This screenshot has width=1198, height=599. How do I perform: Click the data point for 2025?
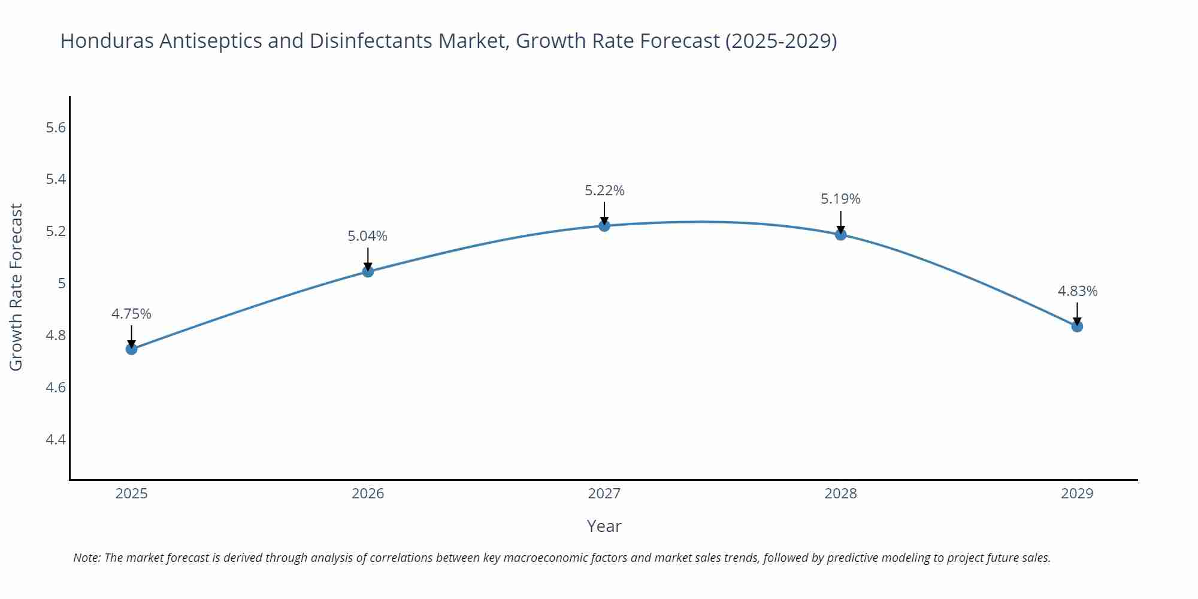[132, 349]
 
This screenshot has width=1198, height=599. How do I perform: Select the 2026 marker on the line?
[368, 272]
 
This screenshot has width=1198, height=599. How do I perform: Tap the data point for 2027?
[604, 226]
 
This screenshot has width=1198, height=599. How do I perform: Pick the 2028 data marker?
[840, 235]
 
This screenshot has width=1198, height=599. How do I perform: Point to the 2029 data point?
[1077, 326]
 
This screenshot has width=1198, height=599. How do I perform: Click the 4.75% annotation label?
[131, 314]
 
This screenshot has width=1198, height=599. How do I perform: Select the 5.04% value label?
[367, 237]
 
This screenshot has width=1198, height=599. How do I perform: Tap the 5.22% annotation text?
[604, 190]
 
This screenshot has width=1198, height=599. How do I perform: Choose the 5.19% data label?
[840, 199]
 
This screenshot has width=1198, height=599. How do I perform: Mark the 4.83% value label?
[1077, 291]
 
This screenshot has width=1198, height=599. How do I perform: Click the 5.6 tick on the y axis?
[56, 128]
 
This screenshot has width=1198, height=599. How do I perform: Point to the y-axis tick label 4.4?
[56, 440]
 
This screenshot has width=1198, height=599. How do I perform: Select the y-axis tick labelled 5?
[62, 283]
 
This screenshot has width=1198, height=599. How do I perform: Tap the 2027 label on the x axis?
[604, 494]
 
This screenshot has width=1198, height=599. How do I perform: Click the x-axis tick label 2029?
[1077, 494]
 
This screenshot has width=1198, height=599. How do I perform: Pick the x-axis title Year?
[604, 526]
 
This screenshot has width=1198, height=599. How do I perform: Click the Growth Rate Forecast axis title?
[16, 288]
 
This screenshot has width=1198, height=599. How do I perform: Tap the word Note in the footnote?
[86, 558]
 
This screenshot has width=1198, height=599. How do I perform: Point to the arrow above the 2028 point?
[840, 222]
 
